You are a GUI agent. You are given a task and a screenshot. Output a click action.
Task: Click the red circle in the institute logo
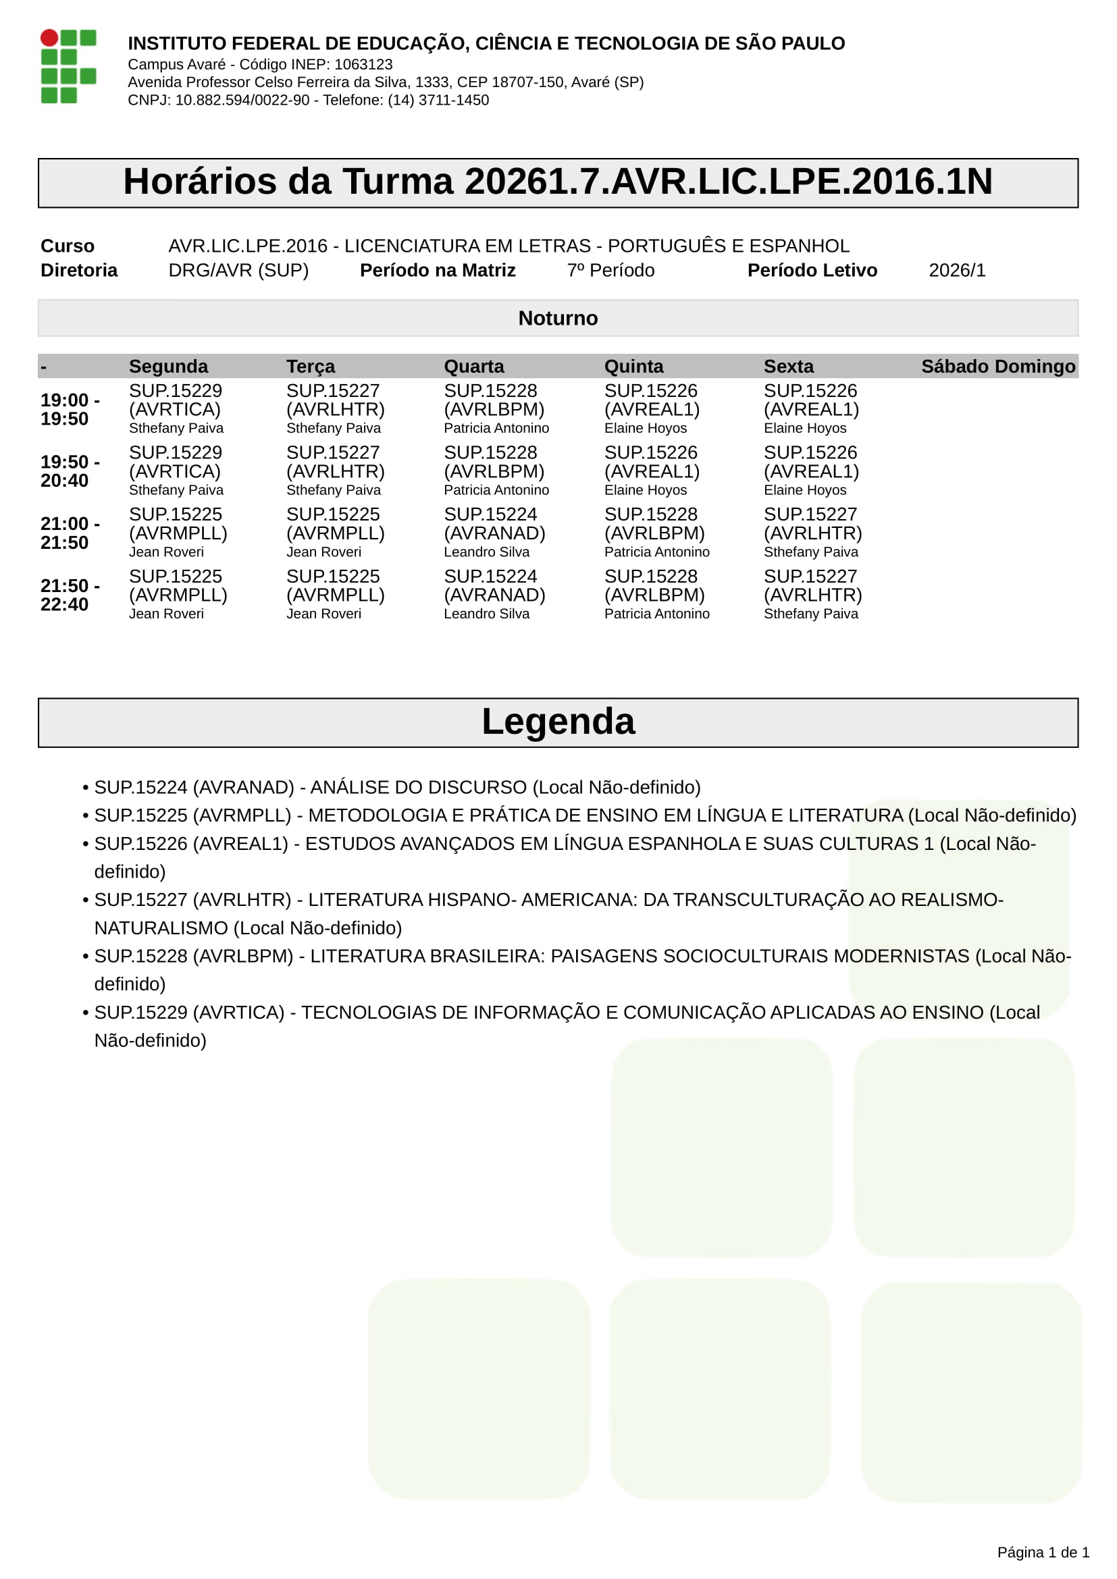(49, 38)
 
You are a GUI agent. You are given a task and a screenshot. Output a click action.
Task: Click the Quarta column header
(474, 367)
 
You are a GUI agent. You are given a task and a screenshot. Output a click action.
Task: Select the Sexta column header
(788, 367)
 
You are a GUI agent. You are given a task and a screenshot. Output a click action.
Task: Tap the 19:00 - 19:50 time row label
(70, 409)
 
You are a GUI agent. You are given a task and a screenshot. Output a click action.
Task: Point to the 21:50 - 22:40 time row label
(70, 595)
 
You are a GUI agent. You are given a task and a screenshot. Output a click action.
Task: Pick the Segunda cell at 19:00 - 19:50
(176, 409)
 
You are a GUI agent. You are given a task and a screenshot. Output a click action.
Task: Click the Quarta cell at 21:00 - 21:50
(494, 533)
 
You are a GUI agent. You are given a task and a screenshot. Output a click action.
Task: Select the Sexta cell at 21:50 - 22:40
(812, 595)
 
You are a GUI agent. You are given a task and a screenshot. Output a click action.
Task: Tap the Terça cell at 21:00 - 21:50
(335, 533)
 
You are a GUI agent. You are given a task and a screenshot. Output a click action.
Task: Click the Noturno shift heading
(558, 319)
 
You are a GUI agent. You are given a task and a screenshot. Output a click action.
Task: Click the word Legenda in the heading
(558, 722)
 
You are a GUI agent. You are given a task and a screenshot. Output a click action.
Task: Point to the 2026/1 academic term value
(957, 270)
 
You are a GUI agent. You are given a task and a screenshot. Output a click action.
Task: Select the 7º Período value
(610, 270)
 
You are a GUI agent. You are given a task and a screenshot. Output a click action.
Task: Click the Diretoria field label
(79, 270)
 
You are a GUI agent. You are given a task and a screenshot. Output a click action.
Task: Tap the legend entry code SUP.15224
(141, 787)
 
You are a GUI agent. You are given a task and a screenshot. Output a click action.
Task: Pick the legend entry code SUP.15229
(141, 1013)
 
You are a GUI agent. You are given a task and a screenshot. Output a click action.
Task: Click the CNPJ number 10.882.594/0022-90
(242, 101)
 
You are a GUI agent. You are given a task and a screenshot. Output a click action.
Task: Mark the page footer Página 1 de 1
(1043, 1552)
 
